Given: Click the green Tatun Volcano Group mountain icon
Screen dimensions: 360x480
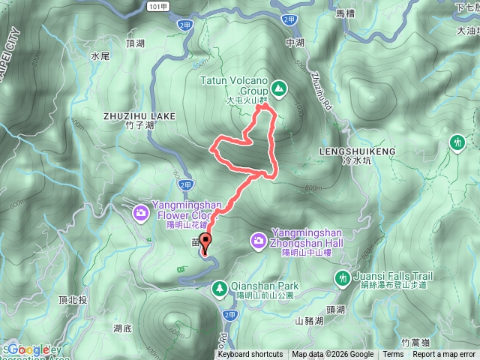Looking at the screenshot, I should pyautogui.click(x=279, y=88).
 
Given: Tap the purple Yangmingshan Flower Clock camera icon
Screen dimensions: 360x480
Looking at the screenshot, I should pyautogui.click(x=140, y=214).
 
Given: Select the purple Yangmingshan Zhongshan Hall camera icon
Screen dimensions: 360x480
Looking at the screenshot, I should pyautogui.click(x=258, y=240).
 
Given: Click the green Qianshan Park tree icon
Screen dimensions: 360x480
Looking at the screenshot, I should pyautogui.click(x=219, y=287).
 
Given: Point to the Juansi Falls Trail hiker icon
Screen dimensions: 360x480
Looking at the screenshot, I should pyautogui.click(x=342, y=278).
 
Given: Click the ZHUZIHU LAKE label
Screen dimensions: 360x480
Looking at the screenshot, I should pyautogui.click(x=139, y=116).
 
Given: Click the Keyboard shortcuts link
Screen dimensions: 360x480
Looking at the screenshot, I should pyautogui.click(x=250, y=355).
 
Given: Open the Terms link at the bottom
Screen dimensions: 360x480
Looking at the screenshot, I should pyautogui.click(x=393, y=355).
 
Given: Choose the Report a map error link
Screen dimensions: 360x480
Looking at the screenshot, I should pyautogui.click(x=445, y=355).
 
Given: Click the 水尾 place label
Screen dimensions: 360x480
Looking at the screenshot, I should pyautogui.click(x=100, y=56).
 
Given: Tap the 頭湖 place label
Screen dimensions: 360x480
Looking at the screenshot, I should pyautogui.click(x=335, y=310).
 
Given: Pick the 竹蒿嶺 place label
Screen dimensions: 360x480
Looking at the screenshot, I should pyautogui.click(x=415, y=341).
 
